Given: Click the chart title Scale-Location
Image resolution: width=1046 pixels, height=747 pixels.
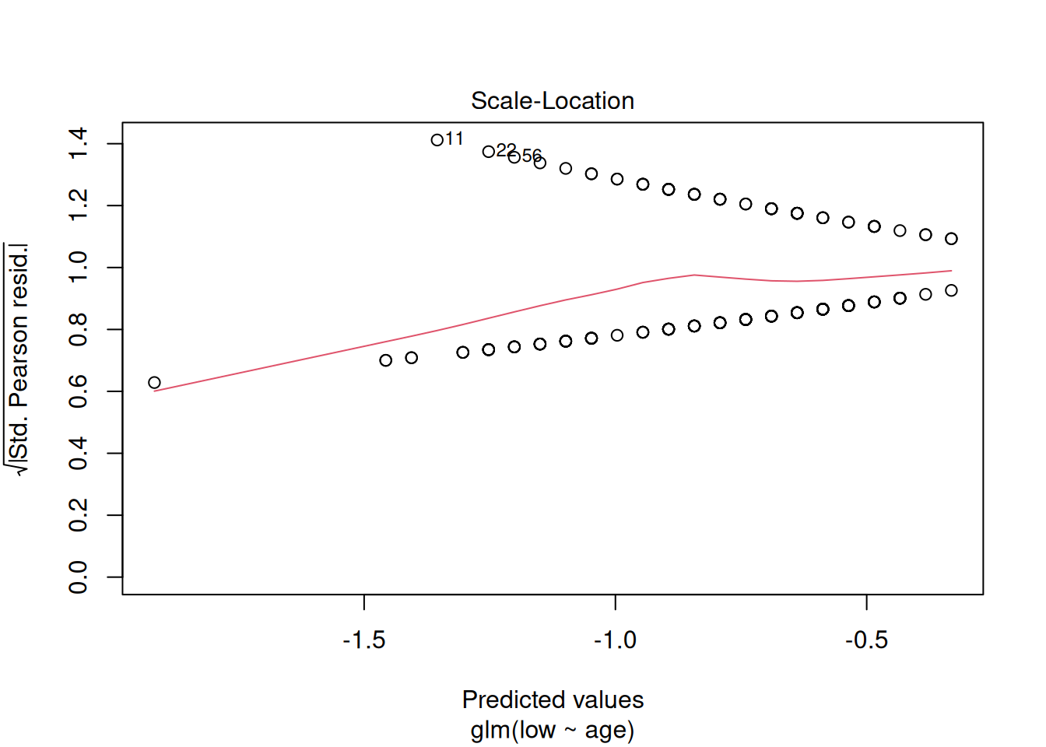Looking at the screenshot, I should click(553, 101).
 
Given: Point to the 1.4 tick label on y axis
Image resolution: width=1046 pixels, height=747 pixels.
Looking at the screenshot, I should click(79, 144).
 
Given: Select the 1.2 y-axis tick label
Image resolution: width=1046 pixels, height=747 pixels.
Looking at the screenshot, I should click(79, 205).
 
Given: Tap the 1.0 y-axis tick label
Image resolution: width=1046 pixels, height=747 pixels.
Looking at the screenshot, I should click(79, 268).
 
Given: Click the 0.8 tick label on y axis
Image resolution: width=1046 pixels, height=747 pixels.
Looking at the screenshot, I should click(79, 329).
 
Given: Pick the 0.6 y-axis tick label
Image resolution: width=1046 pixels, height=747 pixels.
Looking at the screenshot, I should click(79, 391).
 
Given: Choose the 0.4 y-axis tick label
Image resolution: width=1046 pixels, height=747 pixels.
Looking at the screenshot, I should click(79, 453).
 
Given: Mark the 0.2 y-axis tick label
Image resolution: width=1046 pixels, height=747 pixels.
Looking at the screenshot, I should click(79, 515).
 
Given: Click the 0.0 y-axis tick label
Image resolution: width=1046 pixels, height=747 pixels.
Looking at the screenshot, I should click(79, 577).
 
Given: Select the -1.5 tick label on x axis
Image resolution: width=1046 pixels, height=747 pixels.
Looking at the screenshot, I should click(364, 640).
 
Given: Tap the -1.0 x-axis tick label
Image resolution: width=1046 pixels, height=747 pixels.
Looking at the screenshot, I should click(616, 640).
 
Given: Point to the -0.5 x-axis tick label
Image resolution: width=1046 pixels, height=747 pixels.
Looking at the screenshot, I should click(866, 640).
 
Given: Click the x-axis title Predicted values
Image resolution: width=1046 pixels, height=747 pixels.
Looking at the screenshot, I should click(553, 700).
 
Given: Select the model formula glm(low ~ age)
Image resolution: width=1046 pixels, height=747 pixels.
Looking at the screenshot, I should click(553, 730).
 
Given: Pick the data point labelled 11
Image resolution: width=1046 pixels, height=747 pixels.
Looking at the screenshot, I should click(437, 140).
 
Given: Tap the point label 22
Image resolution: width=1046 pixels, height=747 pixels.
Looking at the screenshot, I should click(506, 149).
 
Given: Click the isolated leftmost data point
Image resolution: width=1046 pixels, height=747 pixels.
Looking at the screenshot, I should click(154, 382).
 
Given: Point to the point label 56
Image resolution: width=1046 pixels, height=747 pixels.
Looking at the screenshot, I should click(532, 156).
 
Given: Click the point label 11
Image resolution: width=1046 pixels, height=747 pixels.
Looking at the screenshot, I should click(455, 139).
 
